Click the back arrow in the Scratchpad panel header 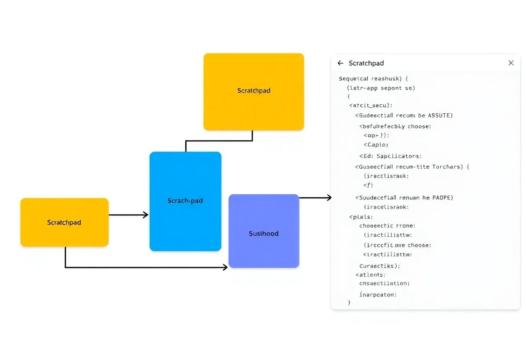[x=340, y=63]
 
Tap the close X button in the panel [x=511, y=63]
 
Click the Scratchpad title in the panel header [x=366, y=63]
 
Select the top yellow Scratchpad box [x=253, y=91]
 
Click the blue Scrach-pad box [x=185, y=201]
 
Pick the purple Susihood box [x=263, y=231]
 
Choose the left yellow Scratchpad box [x=64, y=222]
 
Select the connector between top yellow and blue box [x=219, y=141]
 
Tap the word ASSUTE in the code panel [x=439, y=116]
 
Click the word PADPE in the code [x=442, y=197]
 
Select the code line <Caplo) [x=376, y=145]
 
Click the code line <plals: [x=361, y=217]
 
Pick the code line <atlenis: [x=370, y=274]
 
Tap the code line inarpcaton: [x=378, y=295]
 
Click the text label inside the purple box [x=263, y=234]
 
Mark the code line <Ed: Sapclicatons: [x=390, y=156]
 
